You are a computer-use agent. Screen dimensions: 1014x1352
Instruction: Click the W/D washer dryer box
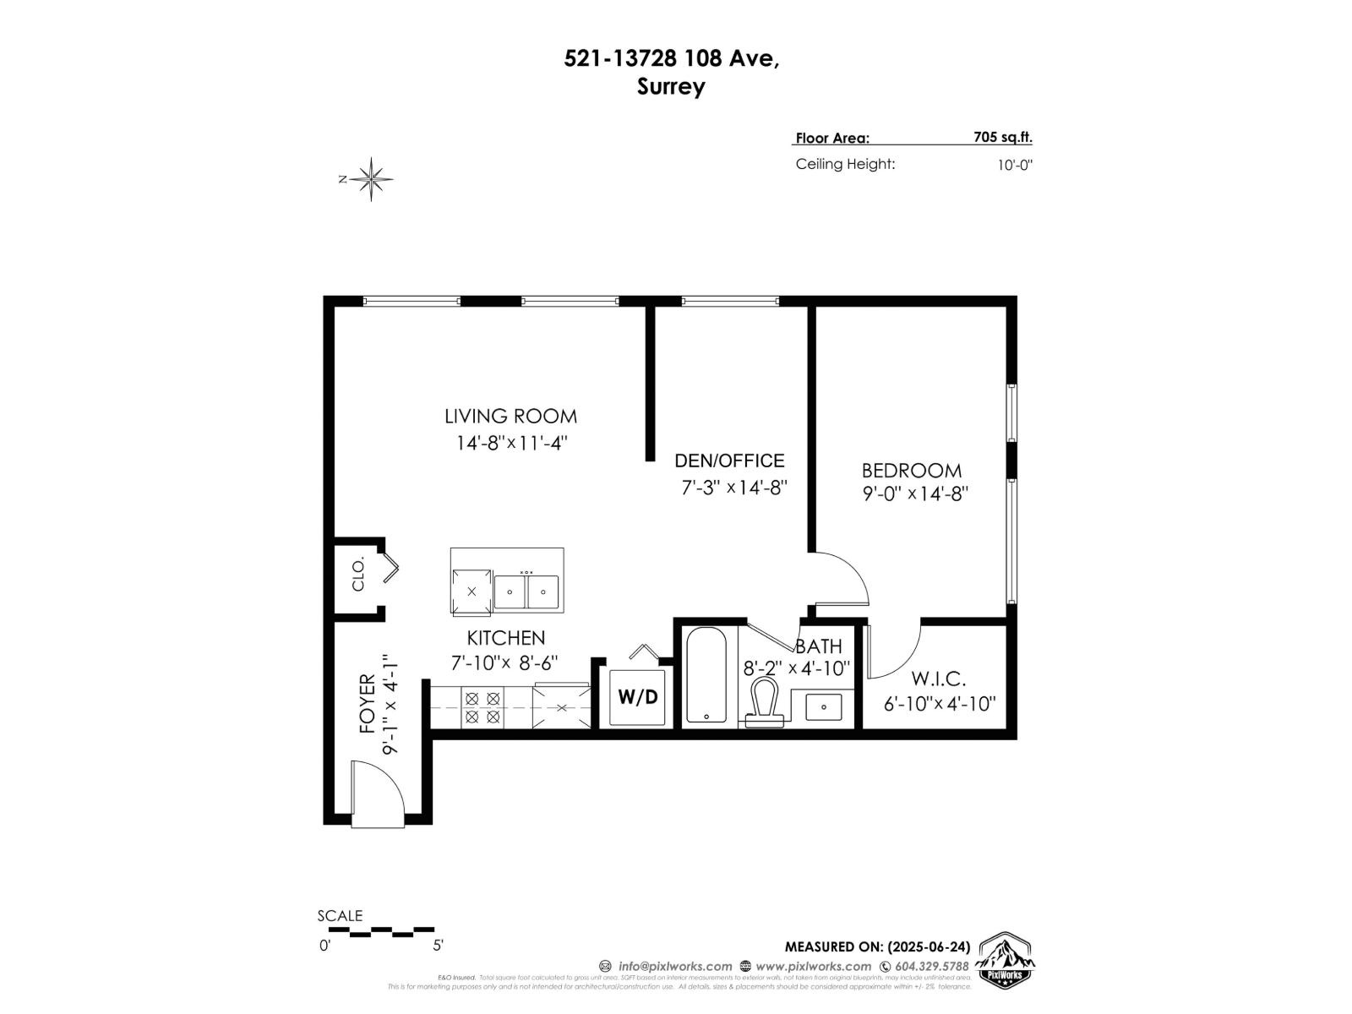(x=637, y=697)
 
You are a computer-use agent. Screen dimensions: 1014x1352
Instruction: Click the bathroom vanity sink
(x=823, y=706)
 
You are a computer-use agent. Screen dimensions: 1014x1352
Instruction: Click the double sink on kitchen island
(x=526, y=591)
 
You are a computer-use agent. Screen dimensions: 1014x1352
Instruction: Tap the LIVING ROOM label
(x=510, y=416)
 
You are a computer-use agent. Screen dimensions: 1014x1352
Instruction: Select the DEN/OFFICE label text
(x=729, y=461)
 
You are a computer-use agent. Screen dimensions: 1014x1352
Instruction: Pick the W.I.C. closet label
(x=938, y=679)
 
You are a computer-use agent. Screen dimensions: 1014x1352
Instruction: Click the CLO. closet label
(x=358, y=574)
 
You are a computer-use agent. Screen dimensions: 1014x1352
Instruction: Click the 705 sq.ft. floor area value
(x=1002, y=138)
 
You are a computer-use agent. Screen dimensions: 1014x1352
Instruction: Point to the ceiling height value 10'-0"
(x=1015, y=165)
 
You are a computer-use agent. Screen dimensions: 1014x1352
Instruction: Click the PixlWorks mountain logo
(x=1005, y=962)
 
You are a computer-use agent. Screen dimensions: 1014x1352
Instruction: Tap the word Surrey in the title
(x=671, y=87)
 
